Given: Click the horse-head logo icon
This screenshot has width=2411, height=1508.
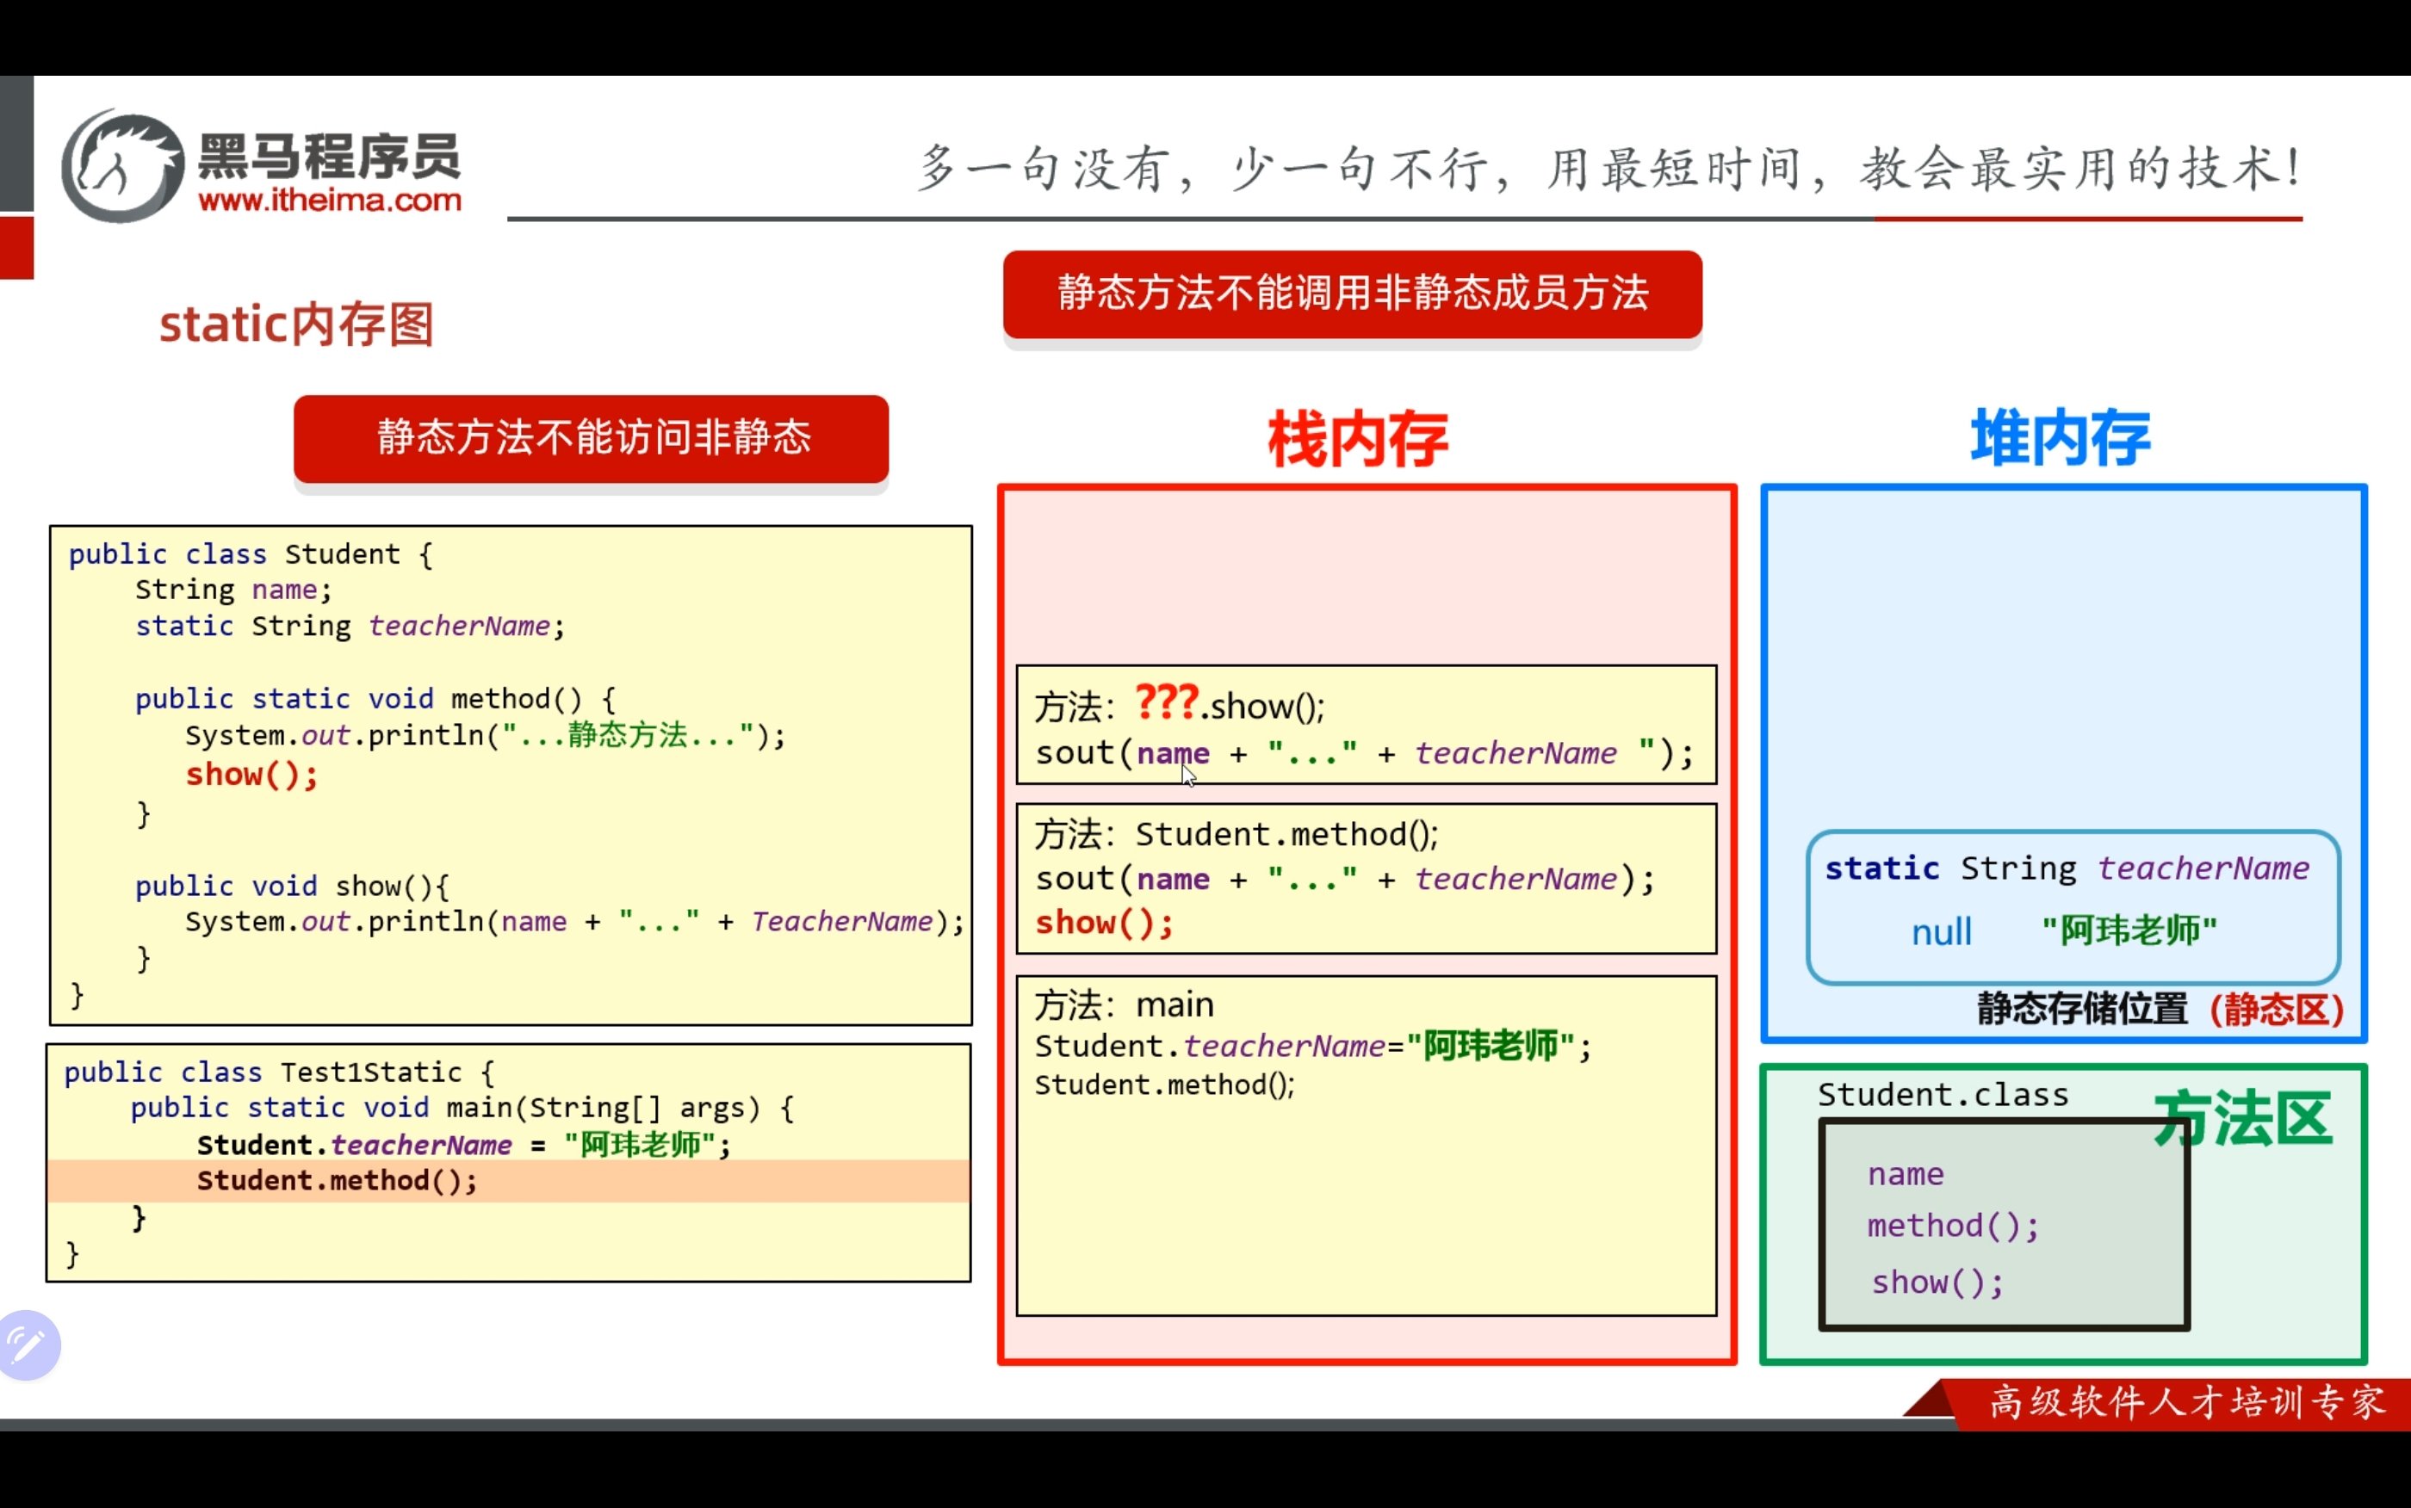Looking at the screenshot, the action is point(122,165).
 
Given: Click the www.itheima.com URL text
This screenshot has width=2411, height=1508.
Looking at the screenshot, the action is point(330,201).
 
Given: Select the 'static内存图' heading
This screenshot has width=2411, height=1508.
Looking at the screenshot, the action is point(296,324).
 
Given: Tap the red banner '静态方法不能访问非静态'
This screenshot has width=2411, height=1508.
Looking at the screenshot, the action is point(592,438).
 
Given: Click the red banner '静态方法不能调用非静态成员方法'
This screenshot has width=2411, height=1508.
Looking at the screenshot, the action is point(1353,294).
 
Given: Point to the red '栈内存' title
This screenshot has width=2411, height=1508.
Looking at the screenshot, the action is point(1358,439).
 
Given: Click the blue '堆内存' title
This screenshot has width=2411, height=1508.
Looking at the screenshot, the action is point(2061,437).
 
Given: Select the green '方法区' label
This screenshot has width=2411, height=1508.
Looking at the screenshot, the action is point(2242,1119).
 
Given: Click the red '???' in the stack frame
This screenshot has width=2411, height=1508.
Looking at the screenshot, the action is point(1166,702).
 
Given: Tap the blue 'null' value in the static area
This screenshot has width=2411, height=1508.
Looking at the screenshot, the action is point(1941,931).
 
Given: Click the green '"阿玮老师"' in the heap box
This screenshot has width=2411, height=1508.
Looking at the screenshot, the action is point(2129,930).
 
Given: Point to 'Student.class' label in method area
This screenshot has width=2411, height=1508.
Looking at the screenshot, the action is point(1943,1094).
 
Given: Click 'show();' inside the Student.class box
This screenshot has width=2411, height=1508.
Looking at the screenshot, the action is point(1937,1282).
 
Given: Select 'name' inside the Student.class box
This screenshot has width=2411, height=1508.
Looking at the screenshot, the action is point(1906,1175).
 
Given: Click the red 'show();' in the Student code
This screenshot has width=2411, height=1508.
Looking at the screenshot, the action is point(251,774).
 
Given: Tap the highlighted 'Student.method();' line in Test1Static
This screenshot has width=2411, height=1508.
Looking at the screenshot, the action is point(338,1181).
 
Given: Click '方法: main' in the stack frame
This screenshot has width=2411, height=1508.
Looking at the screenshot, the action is point(1125,1004).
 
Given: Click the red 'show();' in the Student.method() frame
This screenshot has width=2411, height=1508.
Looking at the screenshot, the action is point(1103,923).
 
